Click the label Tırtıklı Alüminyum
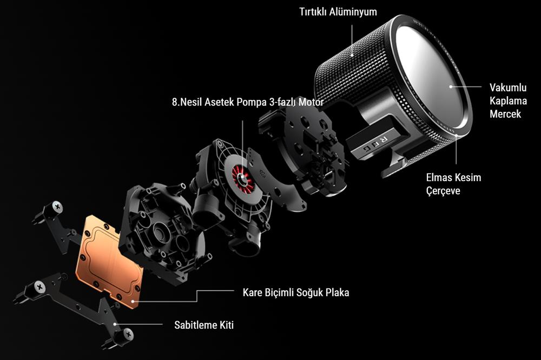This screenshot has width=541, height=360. point(338,12)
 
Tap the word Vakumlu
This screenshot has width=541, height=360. point(508,88)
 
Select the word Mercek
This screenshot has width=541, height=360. point(505,114)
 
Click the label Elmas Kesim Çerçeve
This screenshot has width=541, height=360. point(453,184)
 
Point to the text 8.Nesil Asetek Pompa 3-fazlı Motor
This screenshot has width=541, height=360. point(248,102)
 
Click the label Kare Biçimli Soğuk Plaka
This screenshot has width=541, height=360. point(296,293)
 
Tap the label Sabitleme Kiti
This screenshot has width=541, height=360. point(204,325)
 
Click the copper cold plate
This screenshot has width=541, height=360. point(109,261)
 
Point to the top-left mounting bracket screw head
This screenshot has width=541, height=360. point(57,208)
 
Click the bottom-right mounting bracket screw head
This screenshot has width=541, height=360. point(128,334)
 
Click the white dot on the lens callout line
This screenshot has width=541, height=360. point(451,86)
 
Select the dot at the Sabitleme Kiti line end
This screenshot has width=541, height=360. point(115,324)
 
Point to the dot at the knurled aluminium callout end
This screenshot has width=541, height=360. point(352,55)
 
